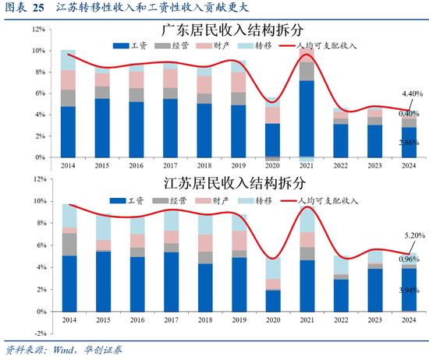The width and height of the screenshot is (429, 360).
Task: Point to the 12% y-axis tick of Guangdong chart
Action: click(x=37, y=30)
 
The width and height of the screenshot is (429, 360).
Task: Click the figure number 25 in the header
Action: click(x=39, y=8)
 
